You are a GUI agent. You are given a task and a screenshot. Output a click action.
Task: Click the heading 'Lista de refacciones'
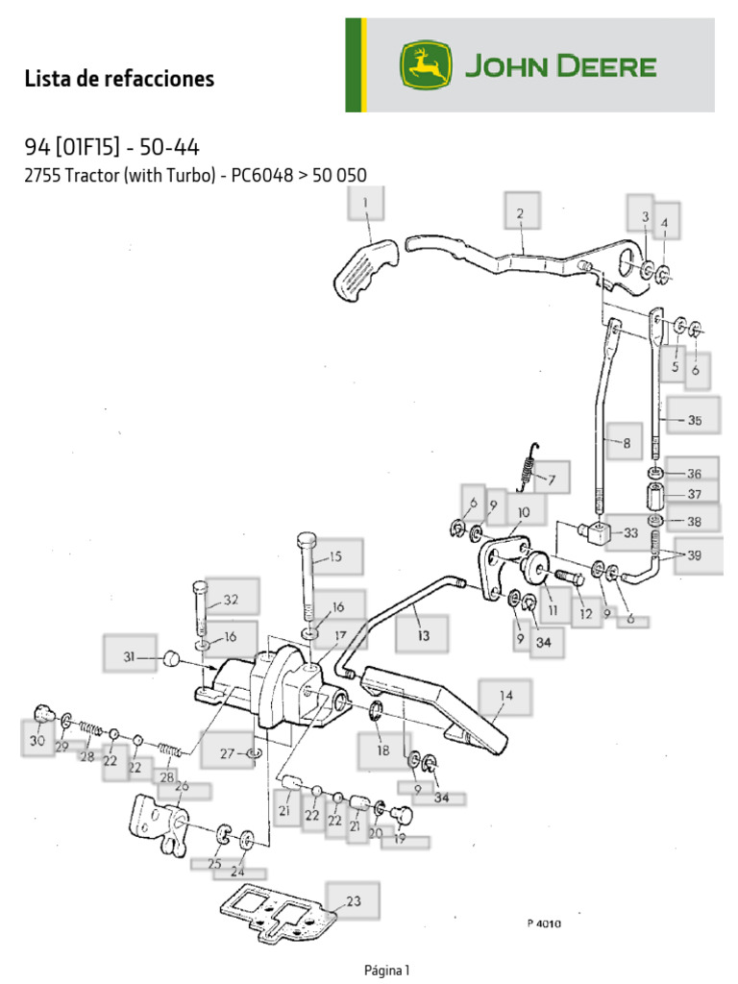pyautogui.click(x=119, y=79)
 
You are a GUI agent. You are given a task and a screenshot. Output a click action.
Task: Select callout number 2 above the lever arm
pyautogui.click(x=520, y=214)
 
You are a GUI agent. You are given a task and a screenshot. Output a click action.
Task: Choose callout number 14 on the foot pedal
pyautogui.click(x=506, y=695)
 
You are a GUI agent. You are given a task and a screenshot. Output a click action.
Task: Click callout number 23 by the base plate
pyautogui.click(x=353, y=900)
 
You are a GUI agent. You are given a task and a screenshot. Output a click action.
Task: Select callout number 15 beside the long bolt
pyautogui.click(x=334, y=556)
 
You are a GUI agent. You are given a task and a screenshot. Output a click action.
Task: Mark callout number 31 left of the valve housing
pyautogui.click(x=129, y=657)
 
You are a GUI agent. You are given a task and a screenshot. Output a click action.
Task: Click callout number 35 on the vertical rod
pyautogui.click(x=694, y=420)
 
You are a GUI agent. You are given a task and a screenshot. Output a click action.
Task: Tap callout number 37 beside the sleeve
pyautogui.click(x=694, y=494)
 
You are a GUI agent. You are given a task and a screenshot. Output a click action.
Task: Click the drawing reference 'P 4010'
pyautogui.click(x=543, y=924)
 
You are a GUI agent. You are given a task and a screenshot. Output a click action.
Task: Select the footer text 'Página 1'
pyautogui.click(x=386, y=970)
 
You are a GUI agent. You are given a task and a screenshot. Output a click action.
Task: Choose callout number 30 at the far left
pyautogui.click(x=37, y=741)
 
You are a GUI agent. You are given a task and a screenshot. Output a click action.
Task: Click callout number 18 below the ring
pyautogui.click(x=382, y=750)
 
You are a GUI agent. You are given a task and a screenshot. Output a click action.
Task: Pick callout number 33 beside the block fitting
pyautogui.click(x=630, y=531)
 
